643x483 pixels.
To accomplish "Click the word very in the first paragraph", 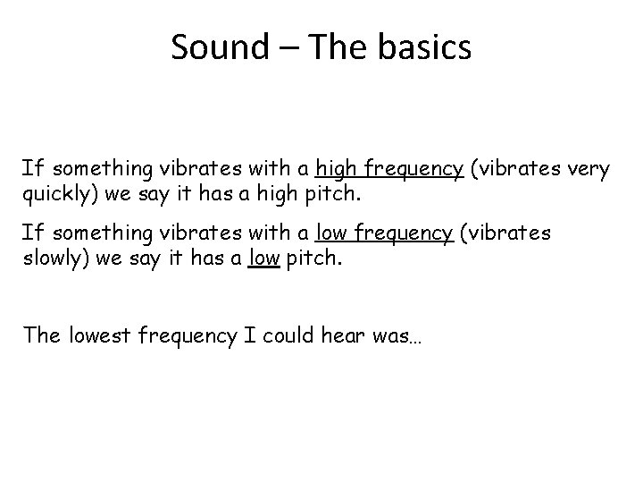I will point(588,169).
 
